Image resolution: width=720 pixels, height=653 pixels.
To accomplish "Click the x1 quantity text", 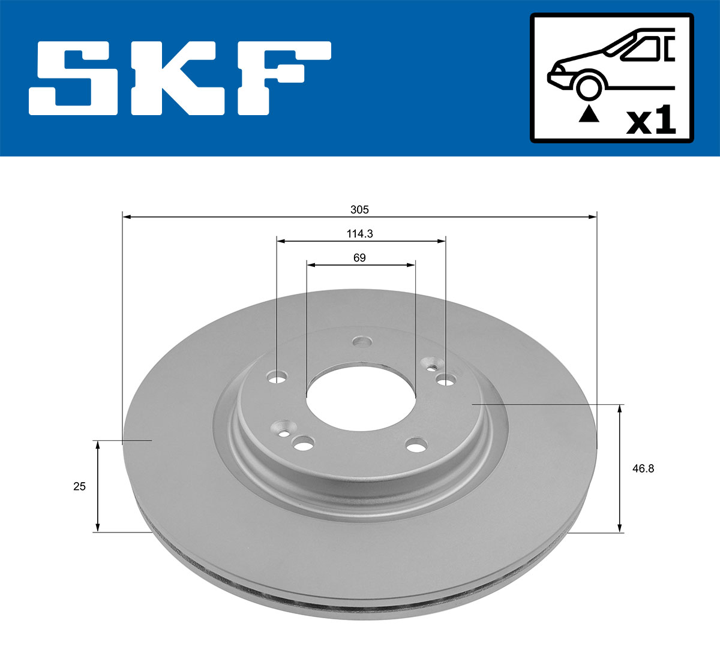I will [650, 122].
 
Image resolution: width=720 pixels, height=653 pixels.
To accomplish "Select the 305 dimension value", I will [359, 209].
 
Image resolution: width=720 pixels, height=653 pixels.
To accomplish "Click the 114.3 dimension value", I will [359, 234].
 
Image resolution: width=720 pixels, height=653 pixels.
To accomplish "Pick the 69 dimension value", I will [359, 258].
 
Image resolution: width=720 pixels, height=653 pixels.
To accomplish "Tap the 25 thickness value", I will [79, 486].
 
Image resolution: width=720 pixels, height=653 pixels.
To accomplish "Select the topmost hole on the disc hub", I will [362, 342].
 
